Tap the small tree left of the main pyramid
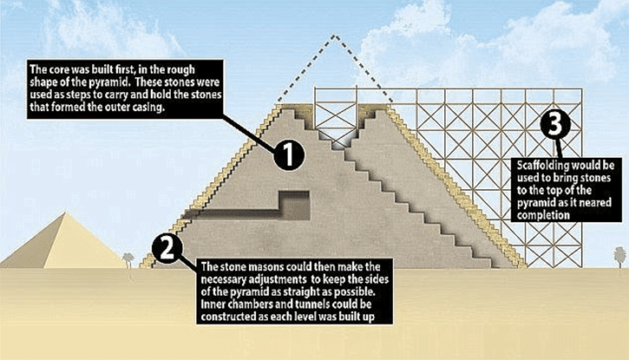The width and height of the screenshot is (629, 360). coord(129,258)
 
